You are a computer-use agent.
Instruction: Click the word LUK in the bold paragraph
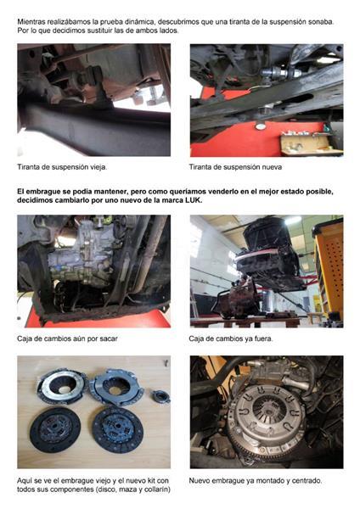194,200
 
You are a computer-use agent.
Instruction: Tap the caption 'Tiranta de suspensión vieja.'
62,167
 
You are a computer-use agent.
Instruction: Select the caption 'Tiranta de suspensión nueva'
235,167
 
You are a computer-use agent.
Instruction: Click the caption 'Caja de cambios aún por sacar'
67,338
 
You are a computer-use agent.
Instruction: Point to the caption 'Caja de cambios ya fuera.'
231,338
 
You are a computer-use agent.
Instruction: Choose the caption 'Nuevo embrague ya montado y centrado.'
256,480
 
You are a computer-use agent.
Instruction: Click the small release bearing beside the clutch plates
160,396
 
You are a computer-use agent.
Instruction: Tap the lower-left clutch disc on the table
55,430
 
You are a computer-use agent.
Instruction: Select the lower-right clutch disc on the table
118,429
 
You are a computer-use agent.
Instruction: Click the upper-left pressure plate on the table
62,386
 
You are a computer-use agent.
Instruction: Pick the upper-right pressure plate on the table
116,387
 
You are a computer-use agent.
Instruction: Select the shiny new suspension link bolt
280,73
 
